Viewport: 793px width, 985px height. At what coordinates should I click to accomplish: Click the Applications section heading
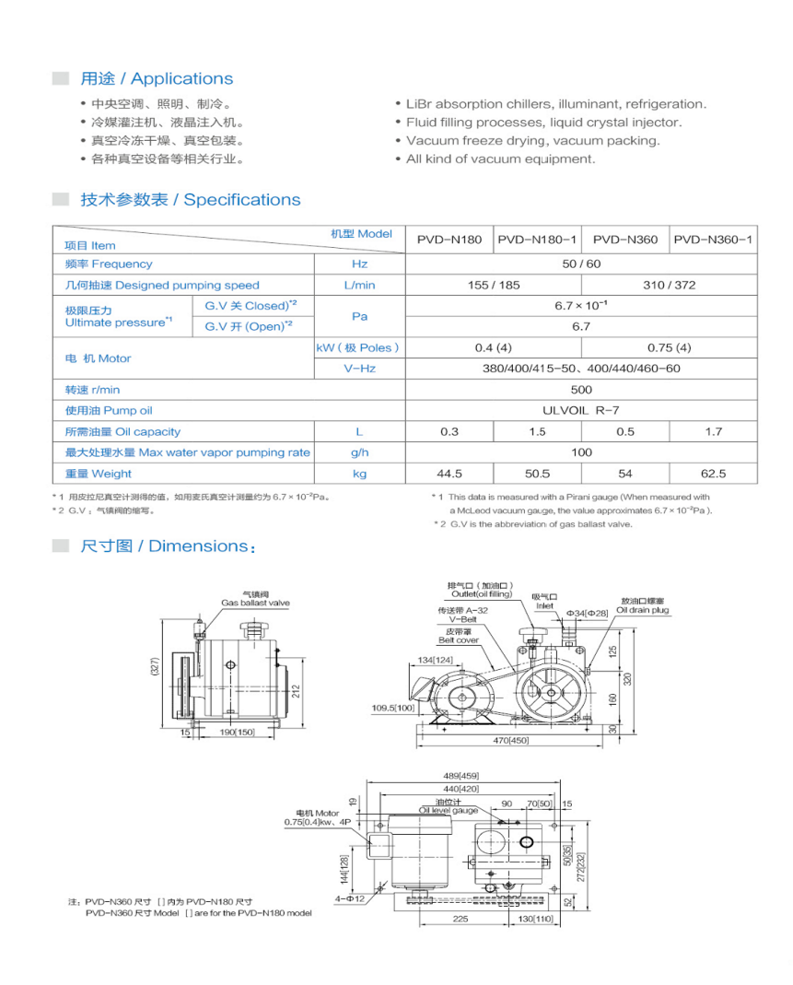click(x=157, y=79)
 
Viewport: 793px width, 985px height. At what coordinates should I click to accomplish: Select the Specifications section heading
click(x=190, y=200)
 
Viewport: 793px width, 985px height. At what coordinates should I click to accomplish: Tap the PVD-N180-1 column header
click(x=538, y=240)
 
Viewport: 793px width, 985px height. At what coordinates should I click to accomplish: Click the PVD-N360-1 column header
click(x=713, y=240)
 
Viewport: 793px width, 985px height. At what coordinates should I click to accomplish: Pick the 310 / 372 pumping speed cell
click(x=670, y=286)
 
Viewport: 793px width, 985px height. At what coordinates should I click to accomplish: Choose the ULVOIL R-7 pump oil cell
click(x=581, y=411)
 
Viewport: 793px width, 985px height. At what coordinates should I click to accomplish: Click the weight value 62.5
click(x=713, y=475)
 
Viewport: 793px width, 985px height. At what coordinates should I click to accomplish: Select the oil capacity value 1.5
click(x=537, y=432)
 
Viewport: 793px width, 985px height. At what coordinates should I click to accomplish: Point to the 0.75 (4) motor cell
click(x=670, y=348)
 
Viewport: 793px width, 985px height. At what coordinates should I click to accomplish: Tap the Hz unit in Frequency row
click(x=359, y=264)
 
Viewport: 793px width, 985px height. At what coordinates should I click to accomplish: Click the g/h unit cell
click(x=359, y=453)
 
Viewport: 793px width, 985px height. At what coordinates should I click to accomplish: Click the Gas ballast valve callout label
click(x=255, y=603)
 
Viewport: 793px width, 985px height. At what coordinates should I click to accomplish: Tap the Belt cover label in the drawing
click(x=458, y=639)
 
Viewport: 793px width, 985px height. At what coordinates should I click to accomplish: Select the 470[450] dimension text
click(x=508, y=739)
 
